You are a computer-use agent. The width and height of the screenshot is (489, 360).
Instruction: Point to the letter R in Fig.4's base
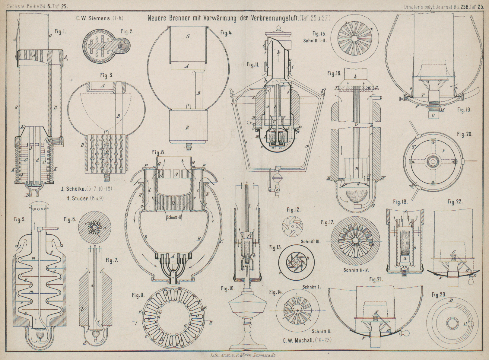tap(187, 127)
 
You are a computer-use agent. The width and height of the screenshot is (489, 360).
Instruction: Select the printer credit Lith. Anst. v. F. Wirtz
tap(243, 356)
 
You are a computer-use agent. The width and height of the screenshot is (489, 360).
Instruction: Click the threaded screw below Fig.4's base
tap(188, 147)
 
